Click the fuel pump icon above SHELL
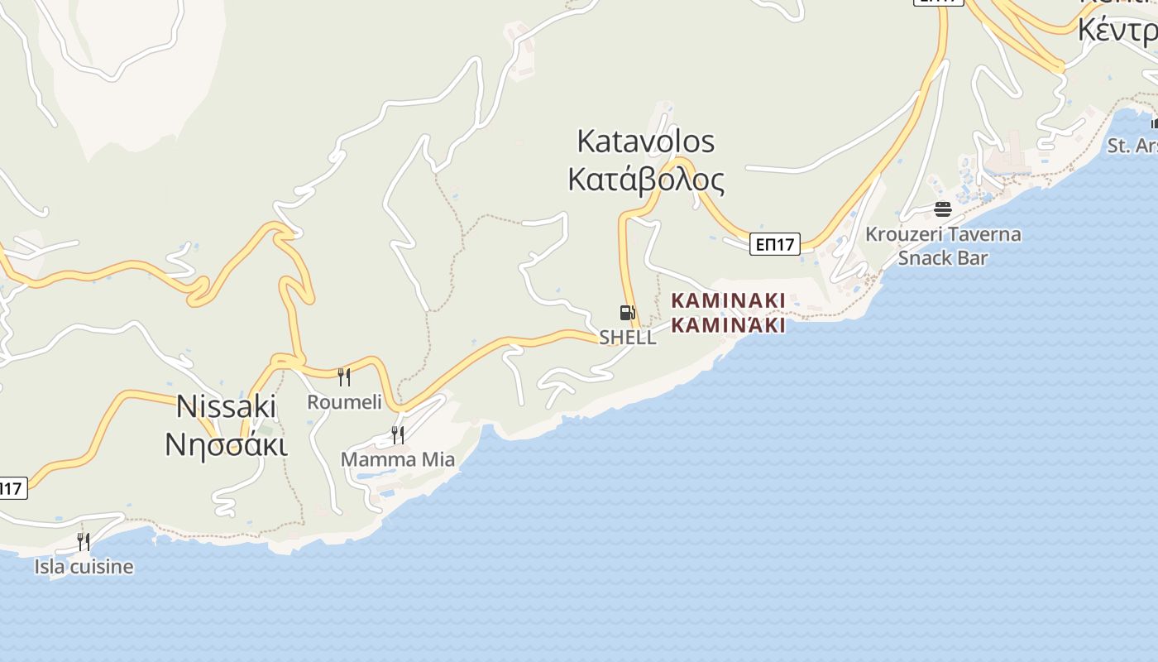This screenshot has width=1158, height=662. (x=627, y=313)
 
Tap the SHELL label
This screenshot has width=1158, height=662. (x=628, y=338)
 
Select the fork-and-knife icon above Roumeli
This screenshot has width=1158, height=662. (x=344, y=377)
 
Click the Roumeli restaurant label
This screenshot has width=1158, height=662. (x=344, y=402)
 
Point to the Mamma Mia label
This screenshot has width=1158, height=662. (x=398, y=459)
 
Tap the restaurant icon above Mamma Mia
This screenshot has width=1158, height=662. (x=398, y=434)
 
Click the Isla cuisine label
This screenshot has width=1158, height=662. (x=84, y=567)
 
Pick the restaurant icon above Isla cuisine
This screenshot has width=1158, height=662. (x=84, y=542)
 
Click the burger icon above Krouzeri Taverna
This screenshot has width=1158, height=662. (x=943, y=209)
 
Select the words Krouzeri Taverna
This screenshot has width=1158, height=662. (x=943, y=234)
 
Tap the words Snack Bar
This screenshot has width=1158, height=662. (x=943, y=258)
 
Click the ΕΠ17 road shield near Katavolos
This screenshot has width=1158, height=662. (x=775, y=244)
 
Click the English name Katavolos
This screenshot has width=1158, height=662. (x=645, y=142)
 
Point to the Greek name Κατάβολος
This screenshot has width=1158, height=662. (x=646, y=180)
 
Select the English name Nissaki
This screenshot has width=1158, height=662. (x=226, y=406)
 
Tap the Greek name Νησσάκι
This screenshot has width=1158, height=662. (x=226, y=445)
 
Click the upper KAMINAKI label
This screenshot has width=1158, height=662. (x=728, y=300)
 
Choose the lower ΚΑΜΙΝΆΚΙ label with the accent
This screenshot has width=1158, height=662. (x=728, y=324)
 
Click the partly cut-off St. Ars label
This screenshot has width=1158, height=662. (x=1132, y=146)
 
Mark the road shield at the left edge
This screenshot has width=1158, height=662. (x=12, y=488)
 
